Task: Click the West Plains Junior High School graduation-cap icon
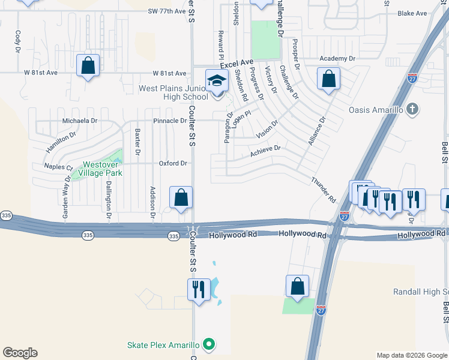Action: click(217, 80)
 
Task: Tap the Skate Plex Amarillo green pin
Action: click(209, 344)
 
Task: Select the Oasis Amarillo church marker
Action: click(411, 110)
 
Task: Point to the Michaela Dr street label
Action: click(80, 121)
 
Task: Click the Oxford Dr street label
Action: click(173, 163)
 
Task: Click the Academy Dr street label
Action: click(337, 59)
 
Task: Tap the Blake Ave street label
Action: click(412, 13)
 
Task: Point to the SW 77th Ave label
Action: click(166, 11)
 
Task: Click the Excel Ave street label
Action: click(237, 63)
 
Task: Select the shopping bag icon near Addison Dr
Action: click(181, 197)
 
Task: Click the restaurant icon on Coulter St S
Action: click(199, 289)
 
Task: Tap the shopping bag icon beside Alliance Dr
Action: click(328, 79)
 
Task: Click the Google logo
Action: click(20, 353)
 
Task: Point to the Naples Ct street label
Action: click(58, 167)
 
